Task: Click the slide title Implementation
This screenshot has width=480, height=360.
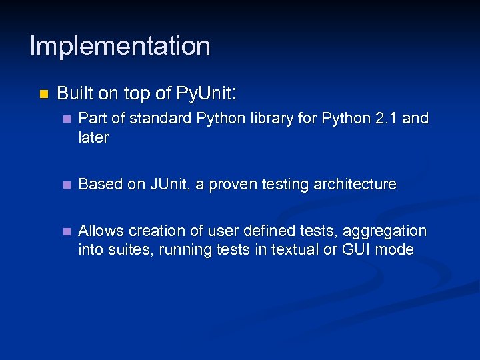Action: (120, 46)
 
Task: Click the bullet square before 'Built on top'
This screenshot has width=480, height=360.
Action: (43, 94)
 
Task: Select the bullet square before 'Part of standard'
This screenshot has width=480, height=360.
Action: (65, 119)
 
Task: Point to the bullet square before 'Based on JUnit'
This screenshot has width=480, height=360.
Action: (65, 185)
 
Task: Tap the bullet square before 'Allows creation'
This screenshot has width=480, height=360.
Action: (65, 231)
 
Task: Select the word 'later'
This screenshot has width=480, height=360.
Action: (93, 137)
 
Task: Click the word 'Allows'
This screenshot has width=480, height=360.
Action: (101, 231)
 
